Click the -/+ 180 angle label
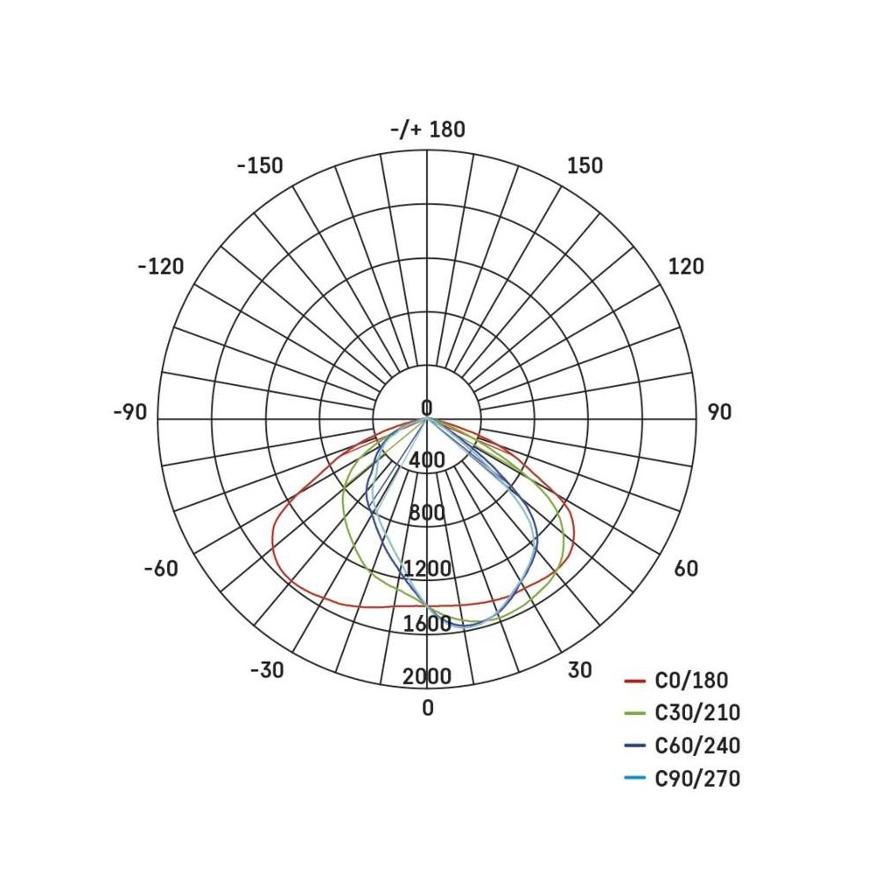point(428,129)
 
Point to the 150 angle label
point(584,165)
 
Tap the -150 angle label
point(260,165)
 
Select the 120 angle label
point(686,267)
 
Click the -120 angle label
point(161,267)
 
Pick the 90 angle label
point(719,412)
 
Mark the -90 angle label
point(130,412)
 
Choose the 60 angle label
point(686,568)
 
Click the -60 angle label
point(161,569)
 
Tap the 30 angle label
point(580,669)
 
